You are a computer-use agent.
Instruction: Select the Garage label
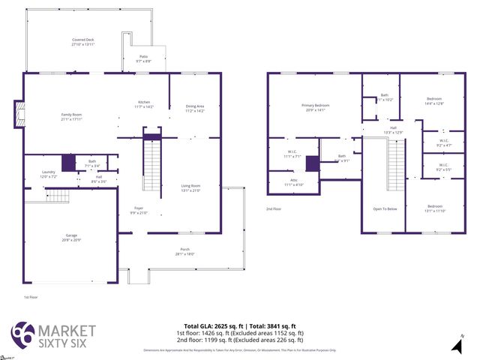(x=70, y=237)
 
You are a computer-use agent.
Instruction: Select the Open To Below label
(x=384, y=208)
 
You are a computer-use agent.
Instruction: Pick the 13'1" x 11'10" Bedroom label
(x=435, y=208)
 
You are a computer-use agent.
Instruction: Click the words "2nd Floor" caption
(x=274, y=209)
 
